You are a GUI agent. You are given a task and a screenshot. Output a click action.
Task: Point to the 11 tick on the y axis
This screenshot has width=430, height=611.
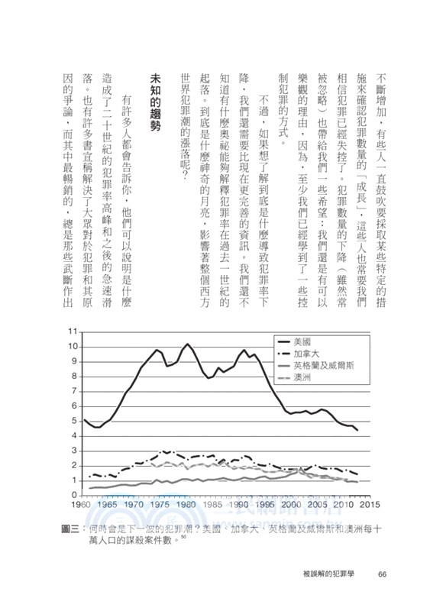(x=73, y=331)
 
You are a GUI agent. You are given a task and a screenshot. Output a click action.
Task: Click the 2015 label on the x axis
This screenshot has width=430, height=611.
(x=370, y=505)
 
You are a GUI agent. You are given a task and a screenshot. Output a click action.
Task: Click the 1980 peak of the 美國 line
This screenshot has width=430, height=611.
(x=186, y=344)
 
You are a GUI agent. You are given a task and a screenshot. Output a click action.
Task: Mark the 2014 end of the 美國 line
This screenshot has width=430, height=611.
(x=358, y=431)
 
